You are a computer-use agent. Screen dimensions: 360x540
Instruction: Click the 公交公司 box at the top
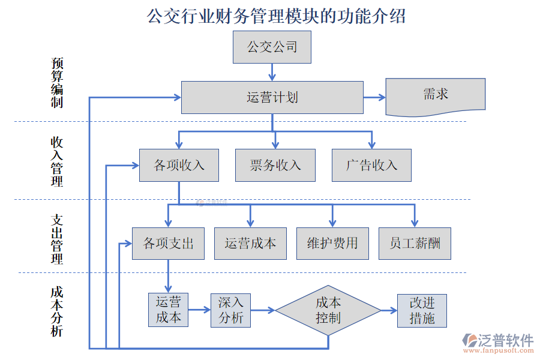pos(272,47)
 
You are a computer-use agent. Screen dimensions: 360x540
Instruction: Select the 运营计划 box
pos(272,97)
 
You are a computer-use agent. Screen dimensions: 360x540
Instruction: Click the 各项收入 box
pos(179,165)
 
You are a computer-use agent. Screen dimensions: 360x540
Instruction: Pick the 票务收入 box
pos(275,165)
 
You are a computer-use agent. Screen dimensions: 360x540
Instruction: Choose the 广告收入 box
pos(371,165)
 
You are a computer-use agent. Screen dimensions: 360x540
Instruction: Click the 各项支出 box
pos(168,243)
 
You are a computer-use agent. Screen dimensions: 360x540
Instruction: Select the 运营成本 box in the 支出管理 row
pos(250,243)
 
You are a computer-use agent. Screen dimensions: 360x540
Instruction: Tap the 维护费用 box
pos(332,243)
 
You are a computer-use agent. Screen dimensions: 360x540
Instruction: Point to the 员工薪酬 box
pos(415,243)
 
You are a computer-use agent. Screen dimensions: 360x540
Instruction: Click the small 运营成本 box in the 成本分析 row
pos(168,310)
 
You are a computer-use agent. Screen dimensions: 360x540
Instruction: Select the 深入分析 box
pos(230,310)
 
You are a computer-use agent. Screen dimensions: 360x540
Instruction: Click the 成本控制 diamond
pos(328,310)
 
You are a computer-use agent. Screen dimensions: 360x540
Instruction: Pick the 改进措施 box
pos(422,310)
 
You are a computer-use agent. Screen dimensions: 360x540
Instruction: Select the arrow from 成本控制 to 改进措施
pos(389,310)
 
